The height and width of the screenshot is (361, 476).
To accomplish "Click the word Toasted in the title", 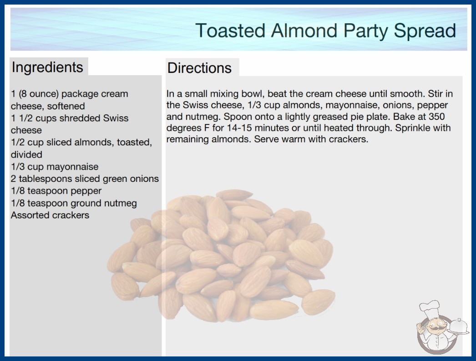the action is (231, 31).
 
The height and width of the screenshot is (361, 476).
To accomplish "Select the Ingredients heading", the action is (47, 67).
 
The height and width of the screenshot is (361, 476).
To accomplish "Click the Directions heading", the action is (199, 68).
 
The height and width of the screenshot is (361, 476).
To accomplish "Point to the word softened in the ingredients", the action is (66, 106).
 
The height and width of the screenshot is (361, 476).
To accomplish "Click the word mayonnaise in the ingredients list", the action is (72, 167).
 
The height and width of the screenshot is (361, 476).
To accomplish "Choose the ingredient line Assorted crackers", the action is (50, 215).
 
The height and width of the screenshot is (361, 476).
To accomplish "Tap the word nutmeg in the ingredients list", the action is (121, 203).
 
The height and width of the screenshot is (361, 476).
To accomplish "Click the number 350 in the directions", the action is (436, 117).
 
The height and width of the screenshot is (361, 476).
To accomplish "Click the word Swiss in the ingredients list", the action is (116, 119).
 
